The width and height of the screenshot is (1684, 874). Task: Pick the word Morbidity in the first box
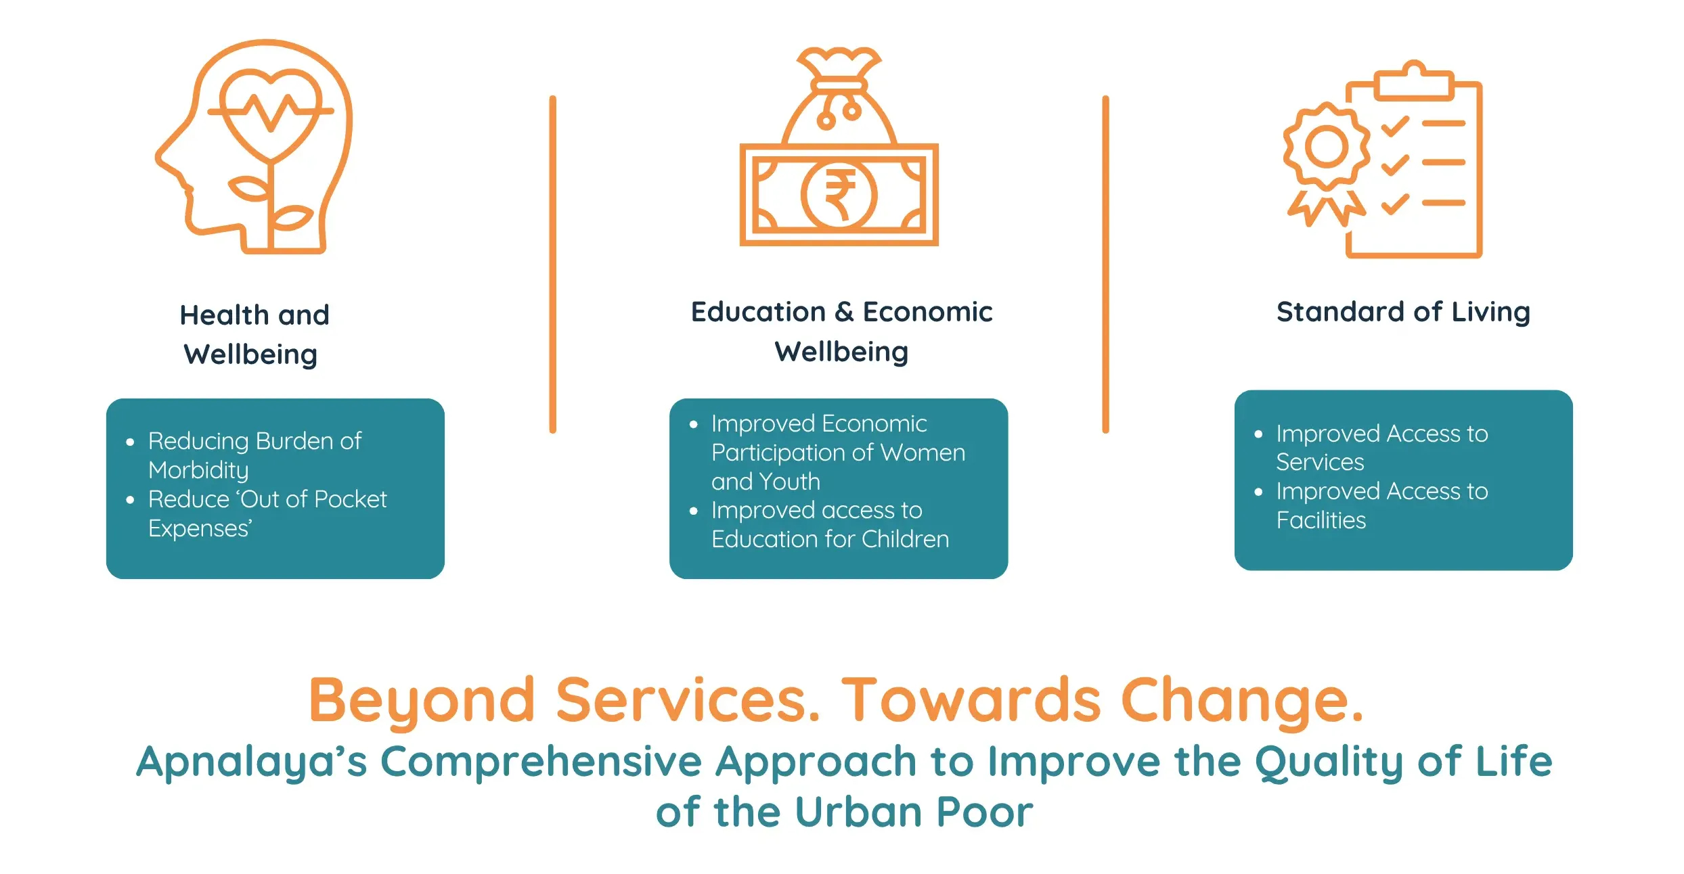198,470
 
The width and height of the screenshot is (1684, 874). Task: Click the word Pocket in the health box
351,499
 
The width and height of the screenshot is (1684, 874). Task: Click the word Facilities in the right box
1321,520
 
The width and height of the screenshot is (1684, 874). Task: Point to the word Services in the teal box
1320,462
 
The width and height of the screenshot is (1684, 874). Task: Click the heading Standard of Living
1403,313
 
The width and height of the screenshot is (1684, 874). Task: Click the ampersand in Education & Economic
844,312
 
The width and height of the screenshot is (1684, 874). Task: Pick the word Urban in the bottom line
857,812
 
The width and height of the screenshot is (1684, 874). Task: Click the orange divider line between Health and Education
553,264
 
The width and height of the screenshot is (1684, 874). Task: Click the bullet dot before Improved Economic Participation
693,425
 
